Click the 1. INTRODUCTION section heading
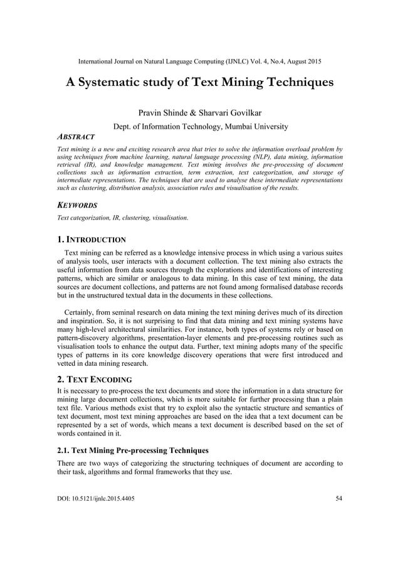(92, 240)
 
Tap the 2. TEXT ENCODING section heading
(94, 379)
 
